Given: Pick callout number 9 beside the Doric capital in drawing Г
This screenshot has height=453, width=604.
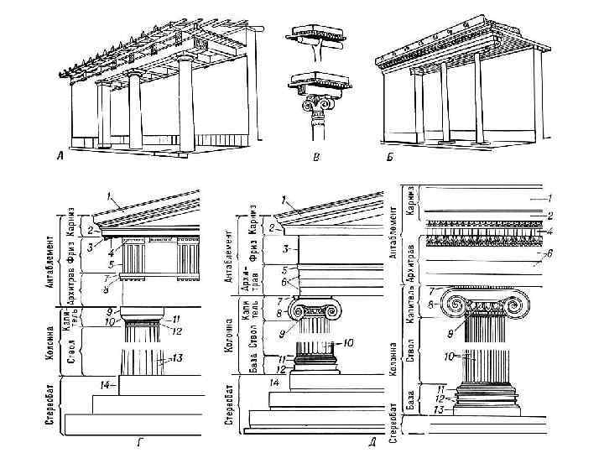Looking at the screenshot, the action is (x=109, y=312).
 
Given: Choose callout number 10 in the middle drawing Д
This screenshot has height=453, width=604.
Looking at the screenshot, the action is (x=348, y=343).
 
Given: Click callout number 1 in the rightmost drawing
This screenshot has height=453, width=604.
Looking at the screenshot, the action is (x=549, y=198).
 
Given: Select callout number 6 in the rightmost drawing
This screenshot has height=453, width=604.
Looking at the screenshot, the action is (x=549, y=253).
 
